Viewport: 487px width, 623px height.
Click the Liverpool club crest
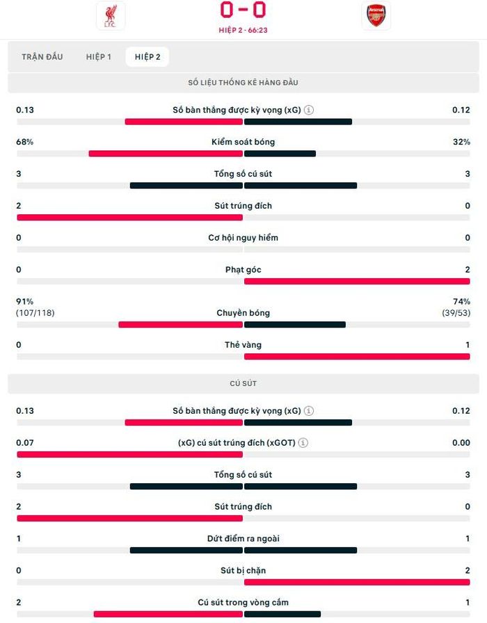pyautogui.click(x=111, y=16)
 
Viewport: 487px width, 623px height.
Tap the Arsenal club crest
pyautogui.click(x=376, y=15)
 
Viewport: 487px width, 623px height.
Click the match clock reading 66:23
pyautogui.click(x=257, y=30)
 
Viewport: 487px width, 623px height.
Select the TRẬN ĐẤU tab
pyautogui.click(x=42, y=57)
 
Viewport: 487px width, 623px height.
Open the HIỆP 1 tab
pyautogui.click(x=99, y=57)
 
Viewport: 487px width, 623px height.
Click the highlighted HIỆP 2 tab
pyautogui.click(x=147, y=57)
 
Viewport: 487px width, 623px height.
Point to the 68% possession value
pyautogui.click(x=24, y=142)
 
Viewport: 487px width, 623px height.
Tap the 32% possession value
pyautogui.click(x=461, y=142)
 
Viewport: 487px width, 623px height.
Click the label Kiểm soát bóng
pyautogui.click(x=243, y=142)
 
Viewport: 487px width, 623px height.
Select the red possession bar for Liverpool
pyautogui.click(x=166, y=154)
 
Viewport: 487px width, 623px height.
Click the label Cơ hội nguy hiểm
pyautogui.click(x=243, y=238)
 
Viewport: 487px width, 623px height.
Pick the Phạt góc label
pyautogui.click(x=243, y=270)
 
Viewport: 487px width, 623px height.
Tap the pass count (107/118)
pyautogui.click(x=35, y=313)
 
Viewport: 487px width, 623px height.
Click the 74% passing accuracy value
pyautogui.click(x=461, y=302)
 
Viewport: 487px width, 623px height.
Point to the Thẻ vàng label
pyautogui.click(x=243, y=345)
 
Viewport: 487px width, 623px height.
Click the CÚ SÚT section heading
pyautogui.click(x=243, y=383)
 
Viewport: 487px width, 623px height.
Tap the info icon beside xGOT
pyautogui.click(x=303, y=443)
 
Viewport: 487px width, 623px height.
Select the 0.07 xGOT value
pyautogui.click(x=24, y=443)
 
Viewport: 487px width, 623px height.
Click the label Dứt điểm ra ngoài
pyautogui.click(x=243, y=538)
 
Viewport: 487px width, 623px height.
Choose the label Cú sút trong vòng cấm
pyautogui.click(x=243, y=602)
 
